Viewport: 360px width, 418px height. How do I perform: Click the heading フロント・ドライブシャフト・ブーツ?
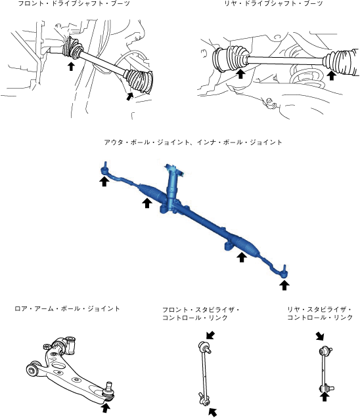tap(74, 3)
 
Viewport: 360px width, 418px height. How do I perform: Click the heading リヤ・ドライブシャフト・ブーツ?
tap(273, 3)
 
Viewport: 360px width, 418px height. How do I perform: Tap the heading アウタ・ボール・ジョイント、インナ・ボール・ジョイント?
tap(193, 142)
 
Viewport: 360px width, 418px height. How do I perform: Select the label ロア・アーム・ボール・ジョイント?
tap(67, 308)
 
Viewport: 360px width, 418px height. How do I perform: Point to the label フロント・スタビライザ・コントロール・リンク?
tap(200, 314)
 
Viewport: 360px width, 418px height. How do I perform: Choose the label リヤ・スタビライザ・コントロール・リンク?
tap(320, 314)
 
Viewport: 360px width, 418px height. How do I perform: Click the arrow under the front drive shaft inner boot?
tap(71, 66)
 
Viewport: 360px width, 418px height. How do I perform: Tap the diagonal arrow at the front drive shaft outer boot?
tap(129, 96)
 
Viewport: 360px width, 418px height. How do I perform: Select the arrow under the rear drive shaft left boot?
tap(240, 73)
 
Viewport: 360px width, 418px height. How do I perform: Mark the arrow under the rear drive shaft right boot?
tap(332, 75)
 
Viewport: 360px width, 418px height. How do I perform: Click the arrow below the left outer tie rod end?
tap(104, 182)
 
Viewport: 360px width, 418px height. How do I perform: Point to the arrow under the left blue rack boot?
tap(146, 203)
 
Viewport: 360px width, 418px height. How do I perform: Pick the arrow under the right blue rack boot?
tap(242, 257)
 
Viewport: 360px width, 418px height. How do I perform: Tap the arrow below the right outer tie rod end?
tap(284, 285)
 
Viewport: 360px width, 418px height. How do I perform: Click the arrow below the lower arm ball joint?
tap(105, 408)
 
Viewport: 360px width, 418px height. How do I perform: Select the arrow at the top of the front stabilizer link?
tap(211, 335)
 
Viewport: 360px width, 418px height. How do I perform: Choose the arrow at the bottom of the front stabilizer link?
tap(213, 412)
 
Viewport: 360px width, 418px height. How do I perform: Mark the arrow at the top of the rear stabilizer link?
tap(319, 336)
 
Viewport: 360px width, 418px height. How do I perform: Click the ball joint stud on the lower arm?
tap(108, 386)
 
